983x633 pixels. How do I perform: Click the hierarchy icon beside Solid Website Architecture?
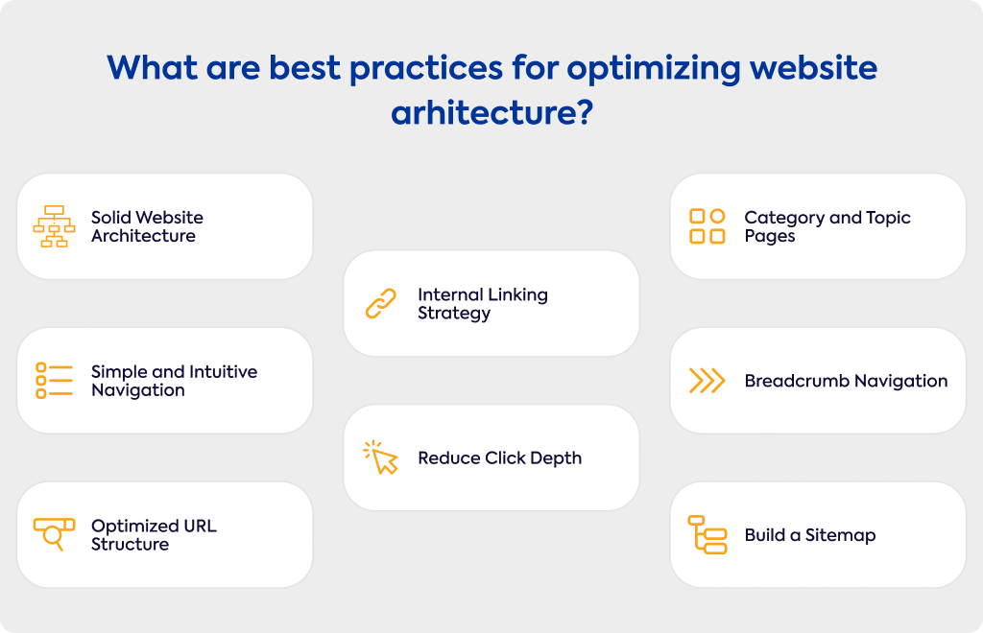click(54, 226)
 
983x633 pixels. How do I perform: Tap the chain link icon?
click(381, 304)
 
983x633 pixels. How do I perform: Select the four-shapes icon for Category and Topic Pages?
click(707, 226)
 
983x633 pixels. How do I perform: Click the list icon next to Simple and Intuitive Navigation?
click(54, 380)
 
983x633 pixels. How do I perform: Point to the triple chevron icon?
click(707, 381)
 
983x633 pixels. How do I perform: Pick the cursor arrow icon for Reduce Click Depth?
click(381, 457)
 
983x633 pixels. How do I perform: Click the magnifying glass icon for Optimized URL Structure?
click(54, 534)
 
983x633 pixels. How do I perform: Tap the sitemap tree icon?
click(707, 535)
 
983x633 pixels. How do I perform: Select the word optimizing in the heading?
click(653, 69)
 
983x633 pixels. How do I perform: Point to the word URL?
click(198, 526)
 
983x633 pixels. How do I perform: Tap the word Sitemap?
click(840, 535)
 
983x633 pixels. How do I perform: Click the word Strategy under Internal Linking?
click(454, 313)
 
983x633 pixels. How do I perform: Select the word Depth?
click(556, 458)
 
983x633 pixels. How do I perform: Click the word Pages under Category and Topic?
click(770, 237)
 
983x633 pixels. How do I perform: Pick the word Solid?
click(111, 218)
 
